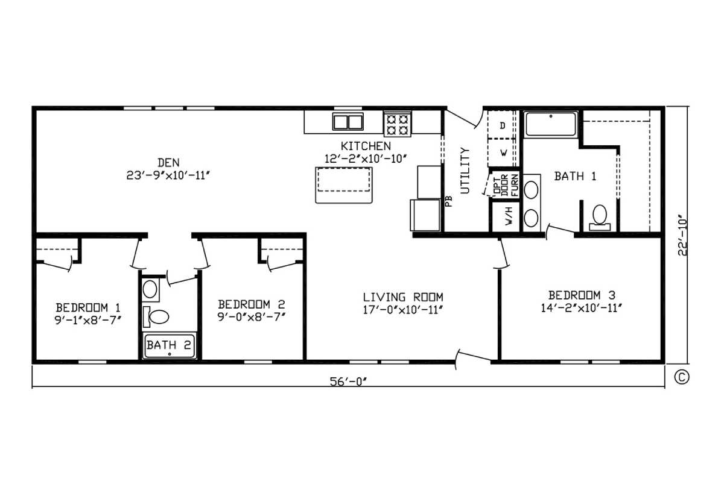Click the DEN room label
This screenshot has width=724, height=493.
tap(168, 162)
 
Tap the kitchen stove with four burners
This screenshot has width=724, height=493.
tap(397, 124)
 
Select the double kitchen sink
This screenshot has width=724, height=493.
tap(348, 122)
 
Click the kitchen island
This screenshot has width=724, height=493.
tap(343, 185)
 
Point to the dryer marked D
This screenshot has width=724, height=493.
tap(502, 125)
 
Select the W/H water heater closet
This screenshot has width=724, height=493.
tap(506, 216)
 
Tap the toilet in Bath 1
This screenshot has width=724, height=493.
tap(600, 218)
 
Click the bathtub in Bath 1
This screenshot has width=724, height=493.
tap(551, 124)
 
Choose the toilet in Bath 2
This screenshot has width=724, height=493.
tap(156, 317)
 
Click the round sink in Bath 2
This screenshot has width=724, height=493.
tap(150, 289)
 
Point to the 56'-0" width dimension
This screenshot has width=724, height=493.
tap(349, 382)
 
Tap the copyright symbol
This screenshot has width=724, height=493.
tap(682, 377)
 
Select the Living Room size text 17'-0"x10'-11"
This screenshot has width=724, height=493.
tap(402, 310)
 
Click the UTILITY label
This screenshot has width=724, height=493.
tap(465, 171)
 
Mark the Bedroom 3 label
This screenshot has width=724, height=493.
tap(582, 295)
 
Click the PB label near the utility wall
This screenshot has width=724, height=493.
tap(448, 201)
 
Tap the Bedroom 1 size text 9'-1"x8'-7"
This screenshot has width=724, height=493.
tap(88, 320)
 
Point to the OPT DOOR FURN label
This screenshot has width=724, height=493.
tap(505, 185)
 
